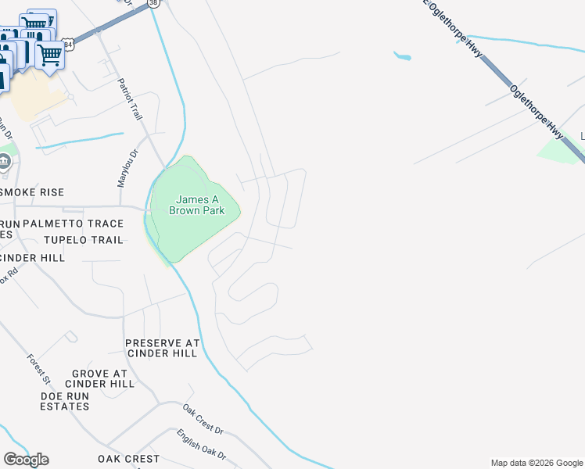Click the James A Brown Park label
point(196,205)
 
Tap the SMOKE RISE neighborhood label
point(32,192)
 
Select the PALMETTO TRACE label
point(73,224)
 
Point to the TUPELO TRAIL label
point(84,240)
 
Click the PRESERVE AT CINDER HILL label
point(163,348)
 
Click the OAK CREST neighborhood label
point(128,459)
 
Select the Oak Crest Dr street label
point(203,420)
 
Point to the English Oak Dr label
point(201,444)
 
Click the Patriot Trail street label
point(130,98)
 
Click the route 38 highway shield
point(152,3)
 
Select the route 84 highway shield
point(69,45)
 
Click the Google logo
point(26,460)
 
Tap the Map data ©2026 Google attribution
point(537,464)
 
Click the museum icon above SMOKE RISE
point(5,163)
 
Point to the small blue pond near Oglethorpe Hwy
point(402,56)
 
